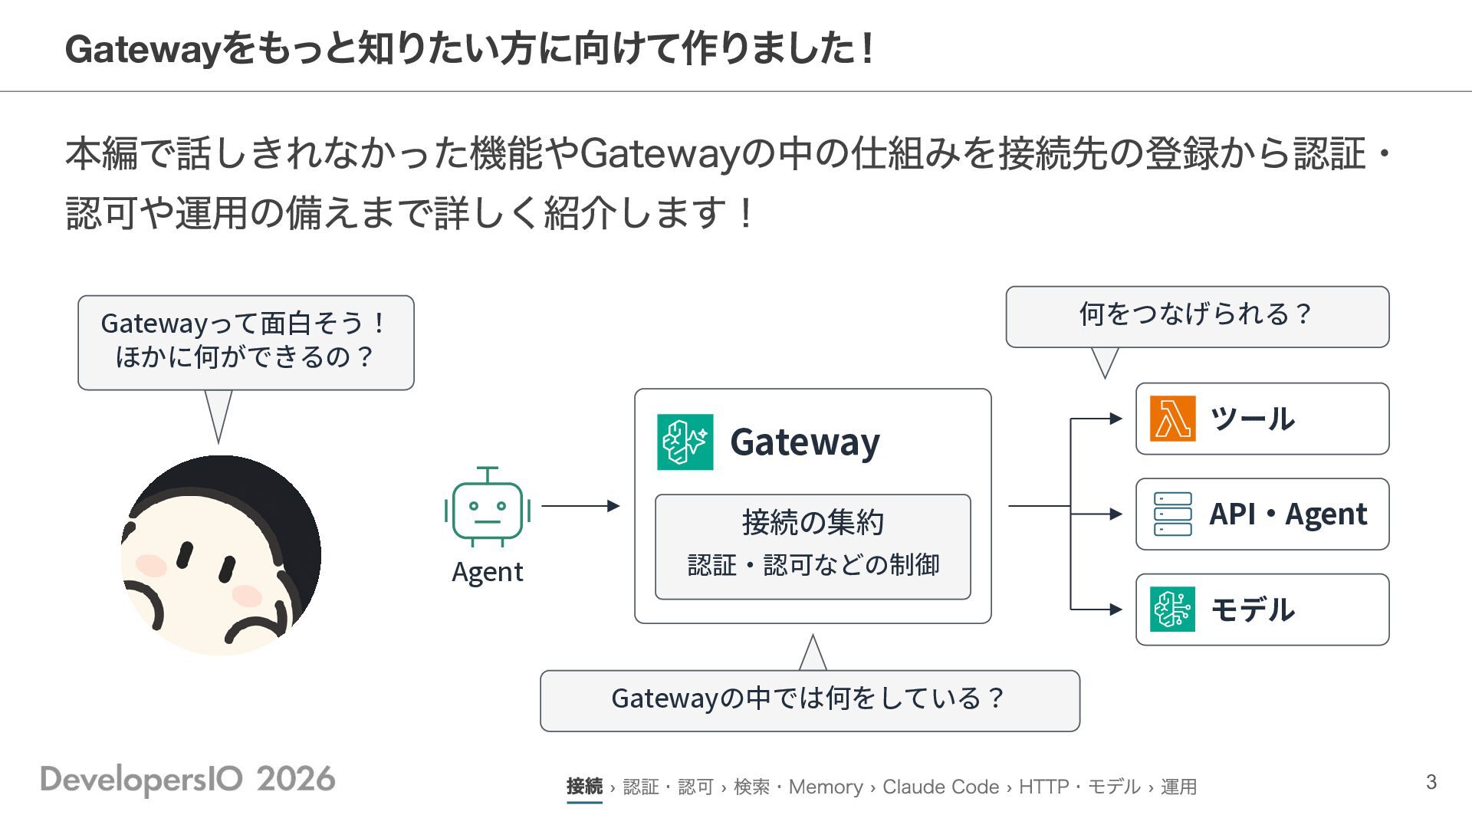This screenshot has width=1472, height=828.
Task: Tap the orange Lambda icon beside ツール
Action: (1172, 419)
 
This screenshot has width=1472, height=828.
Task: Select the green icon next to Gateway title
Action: (685, 442)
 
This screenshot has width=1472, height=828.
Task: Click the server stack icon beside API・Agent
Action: (1172, 514)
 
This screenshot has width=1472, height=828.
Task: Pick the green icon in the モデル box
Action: (1172, 609)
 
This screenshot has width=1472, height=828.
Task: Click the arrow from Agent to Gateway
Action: (580, 506)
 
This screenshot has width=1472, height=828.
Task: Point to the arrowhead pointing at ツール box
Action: (1116, 419)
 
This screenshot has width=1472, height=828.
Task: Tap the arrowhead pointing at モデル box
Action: (1116, 609)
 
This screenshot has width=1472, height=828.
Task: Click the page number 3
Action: (1431, 782)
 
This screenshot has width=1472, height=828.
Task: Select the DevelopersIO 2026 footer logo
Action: (188, 780)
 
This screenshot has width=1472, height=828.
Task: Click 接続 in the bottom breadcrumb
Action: (584, 787)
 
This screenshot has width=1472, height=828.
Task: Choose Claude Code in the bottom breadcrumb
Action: (941, 787)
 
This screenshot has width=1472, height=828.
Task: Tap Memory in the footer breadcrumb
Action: (826, 787)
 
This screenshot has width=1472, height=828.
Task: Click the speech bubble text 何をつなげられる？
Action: (1196, 314)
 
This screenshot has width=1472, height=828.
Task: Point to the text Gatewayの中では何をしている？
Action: (809, 698)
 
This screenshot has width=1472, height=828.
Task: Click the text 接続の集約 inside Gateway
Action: (813, 523)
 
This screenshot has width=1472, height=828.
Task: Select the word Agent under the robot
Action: (488, 573)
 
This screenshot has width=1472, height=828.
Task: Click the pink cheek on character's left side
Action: (151, 566)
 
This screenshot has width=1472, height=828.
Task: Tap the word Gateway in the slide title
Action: (143, 49)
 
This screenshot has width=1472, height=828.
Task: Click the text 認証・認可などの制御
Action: (813, 565)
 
